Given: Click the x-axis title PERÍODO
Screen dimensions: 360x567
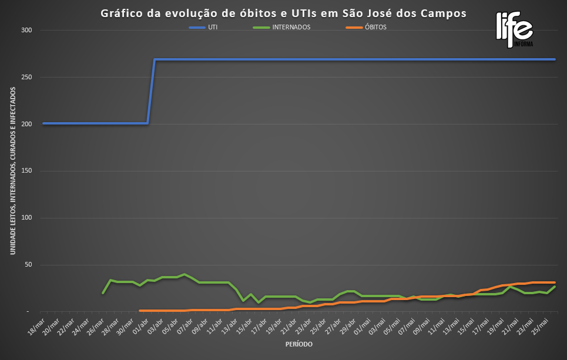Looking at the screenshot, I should point(298,344).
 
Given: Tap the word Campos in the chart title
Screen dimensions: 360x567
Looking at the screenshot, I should point(446,14).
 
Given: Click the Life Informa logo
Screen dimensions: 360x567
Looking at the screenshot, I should point(514,29).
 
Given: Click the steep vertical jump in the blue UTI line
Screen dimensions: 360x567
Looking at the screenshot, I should point(151,91).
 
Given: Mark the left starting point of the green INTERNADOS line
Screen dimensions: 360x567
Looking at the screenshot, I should point(103,292).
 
